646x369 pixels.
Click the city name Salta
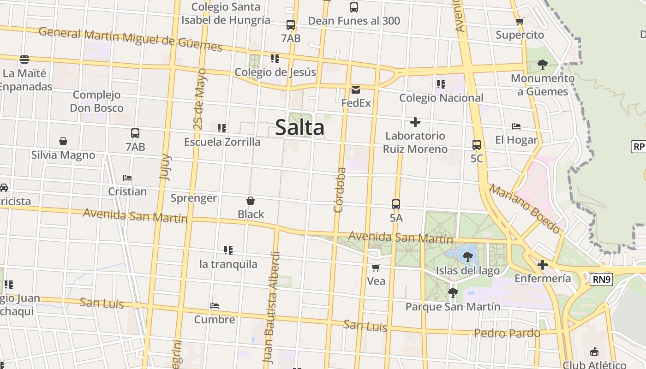tap(300, 127)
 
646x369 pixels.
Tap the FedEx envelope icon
tap(356, 90)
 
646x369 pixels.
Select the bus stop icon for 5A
tap(396, 204)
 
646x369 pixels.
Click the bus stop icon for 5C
tap(477, 144)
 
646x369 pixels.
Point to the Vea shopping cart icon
tap(376, 268)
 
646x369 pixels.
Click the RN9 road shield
tap(601, 279)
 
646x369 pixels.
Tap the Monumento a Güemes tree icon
tap(543, 65)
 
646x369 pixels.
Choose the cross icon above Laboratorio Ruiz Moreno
tap(415, 122)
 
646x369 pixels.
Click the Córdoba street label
tap(340, 190)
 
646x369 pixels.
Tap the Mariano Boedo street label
tap(525, 208)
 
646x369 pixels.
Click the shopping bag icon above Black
tap(251, 201)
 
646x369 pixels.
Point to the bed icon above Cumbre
tap(214, 306)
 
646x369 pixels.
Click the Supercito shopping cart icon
tap(520, 21)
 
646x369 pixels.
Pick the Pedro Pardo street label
tap(507, 333)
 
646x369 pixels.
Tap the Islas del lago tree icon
tap(468, 256)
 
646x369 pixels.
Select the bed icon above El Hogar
tap(516, 126)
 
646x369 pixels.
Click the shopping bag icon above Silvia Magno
tap(63, 141)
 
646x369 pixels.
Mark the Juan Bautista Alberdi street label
tap(271, 307)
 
